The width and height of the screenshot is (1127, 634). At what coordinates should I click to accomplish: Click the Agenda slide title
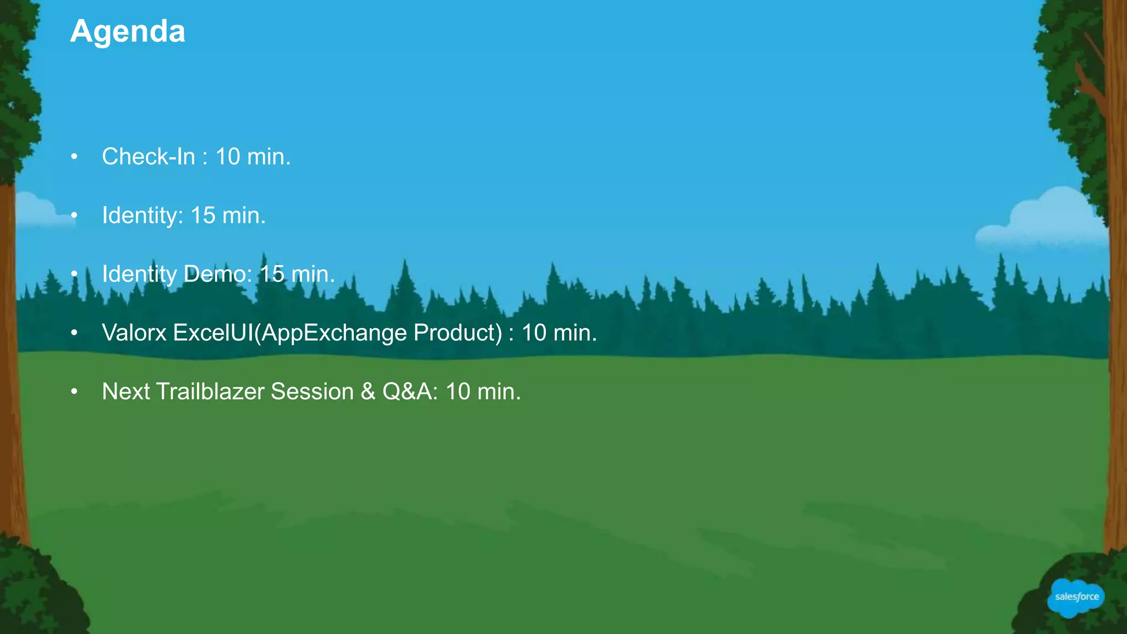tap(128, 31)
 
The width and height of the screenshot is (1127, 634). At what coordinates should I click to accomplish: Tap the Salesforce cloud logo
tap(1076, 597)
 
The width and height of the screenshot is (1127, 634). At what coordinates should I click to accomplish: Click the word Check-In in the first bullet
tap(149, 157)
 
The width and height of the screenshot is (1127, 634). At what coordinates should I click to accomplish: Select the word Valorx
tap(134, 333)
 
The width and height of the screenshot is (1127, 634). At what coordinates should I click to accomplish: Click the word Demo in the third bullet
tap(217, 274)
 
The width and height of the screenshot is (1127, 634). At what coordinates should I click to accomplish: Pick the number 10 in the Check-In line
tap(227, 157)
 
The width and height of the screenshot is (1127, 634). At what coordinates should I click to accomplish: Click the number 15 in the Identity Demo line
tap(272, 274)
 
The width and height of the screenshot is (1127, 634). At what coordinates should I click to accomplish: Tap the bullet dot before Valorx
tap(74, 333)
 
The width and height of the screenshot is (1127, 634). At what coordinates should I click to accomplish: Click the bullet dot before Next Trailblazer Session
tap(74, 392)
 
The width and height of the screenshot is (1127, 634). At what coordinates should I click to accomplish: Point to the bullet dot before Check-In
tap(74, 157)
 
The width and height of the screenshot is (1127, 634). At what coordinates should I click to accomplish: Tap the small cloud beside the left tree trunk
tap(39, 212)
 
